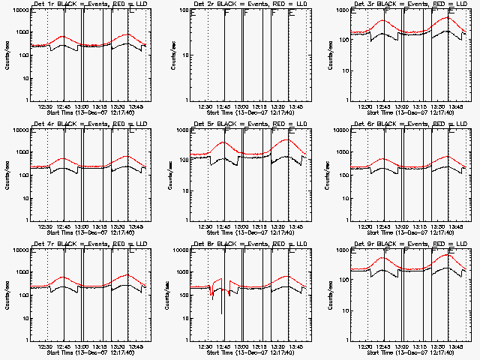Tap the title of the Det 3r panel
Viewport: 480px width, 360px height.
click(x=408, y=5)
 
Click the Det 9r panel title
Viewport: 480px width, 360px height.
click(x=408, y=245)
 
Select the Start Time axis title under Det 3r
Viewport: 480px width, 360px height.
click(x=408, y=113)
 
